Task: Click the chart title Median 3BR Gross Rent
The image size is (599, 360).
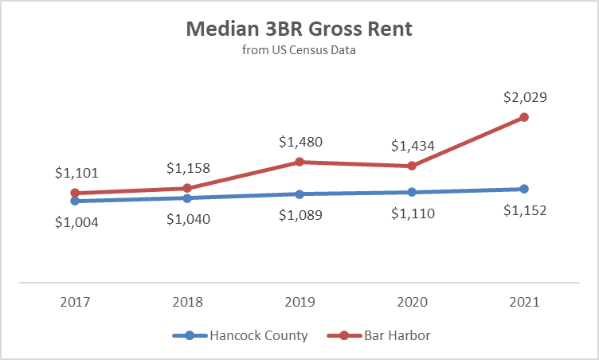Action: point(299,30)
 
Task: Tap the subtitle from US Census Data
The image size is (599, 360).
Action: point(299,51)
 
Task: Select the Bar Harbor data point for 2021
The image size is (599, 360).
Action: point(523,117)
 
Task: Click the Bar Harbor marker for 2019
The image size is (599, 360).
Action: point(299,162)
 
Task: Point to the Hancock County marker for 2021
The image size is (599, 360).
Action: point(523,189)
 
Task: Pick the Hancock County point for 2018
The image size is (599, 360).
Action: point(187,198)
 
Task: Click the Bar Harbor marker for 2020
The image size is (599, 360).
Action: point(412,166)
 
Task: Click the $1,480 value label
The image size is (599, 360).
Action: point(300,143)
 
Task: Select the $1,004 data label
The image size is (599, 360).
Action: point(76,223)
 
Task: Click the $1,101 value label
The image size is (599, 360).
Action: point(76,172)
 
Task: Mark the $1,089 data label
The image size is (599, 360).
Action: point(300,216)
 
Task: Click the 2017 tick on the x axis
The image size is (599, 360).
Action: point(76,303)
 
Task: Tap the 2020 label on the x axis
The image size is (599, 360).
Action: point(412,303)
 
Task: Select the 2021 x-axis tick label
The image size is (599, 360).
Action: point(523,303)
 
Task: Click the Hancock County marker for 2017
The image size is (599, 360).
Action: point(76,201)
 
